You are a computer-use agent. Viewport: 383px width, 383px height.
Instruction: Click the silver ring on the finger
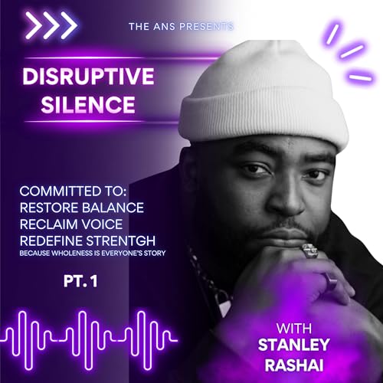click(x=309, y=250)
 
